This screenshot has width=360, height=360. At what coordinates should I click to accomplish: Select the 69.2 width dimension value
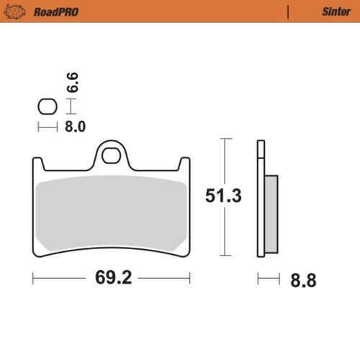(x=112, y=276)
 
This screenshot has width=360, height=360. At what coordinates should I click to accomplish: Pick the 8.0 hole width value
(x=76, y=127)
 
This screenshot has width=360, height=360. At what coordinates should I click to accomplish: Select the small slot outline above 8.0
(x=47, y=107)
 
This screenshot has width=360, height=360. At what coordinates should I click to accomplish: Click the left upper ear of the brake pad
(x=39, y=166)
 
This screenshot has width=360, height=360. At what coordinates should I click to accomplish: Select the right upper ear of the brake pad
(x=184, y=166)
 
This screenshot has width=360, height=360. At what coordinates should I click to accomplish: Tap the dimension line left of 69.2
(x=61, y=276)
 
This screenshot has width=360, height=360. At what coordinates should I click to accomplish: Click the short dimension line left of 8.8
(x=268, y=276)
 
